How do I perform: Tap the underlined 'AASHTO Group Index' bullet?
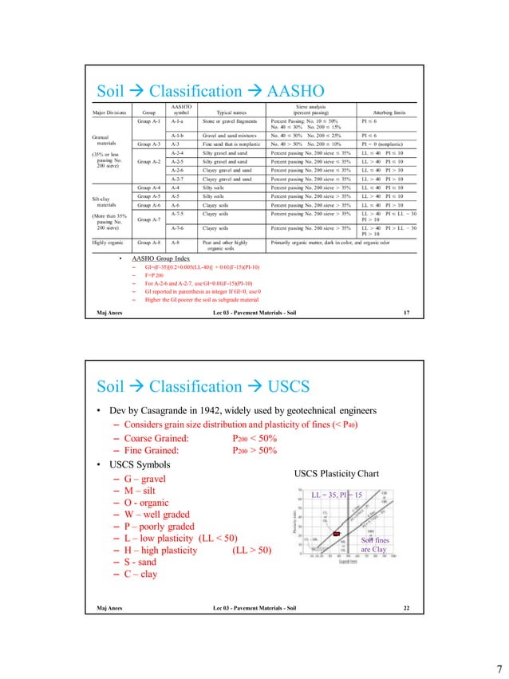(x=164, y=261)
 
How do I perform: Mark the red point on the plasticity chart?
(x=337, y=532)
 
